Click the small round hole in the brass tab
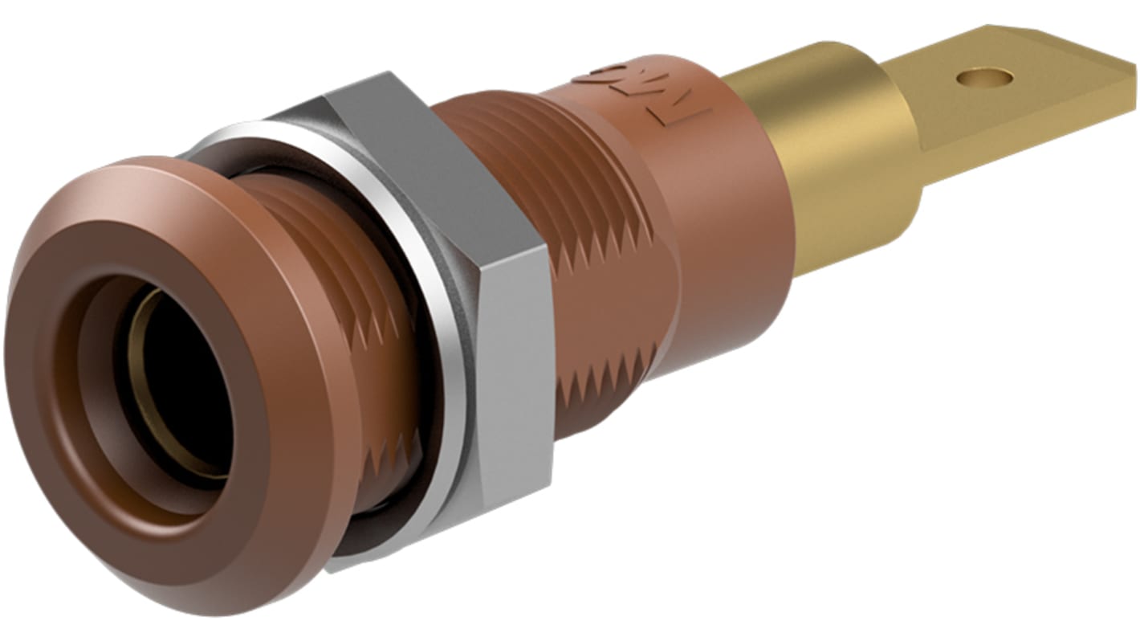click(984, 78)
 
